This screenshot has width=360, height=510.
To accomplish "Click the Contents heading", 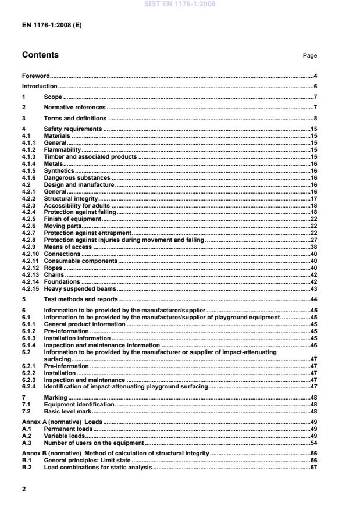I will tap(40, 55).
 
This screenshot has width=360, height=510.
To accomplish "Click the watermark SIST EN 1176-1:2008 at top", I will tap(179, 4).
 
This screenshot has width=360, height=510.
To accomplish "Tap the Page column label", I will tap(310, 56).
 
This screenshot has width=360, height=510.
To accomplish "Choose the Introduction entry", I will tap(40, 87).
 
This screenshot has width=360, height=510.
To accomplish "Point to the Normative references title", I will tap(75, 108).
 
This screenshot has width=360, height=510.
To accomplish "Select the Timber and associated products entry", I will tap(90, 157).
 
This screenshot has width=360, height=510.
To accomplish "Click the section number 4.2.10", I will tap(30, 254).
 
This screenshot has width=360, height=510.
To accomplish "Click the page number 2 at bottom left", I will tap(24, 489).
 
